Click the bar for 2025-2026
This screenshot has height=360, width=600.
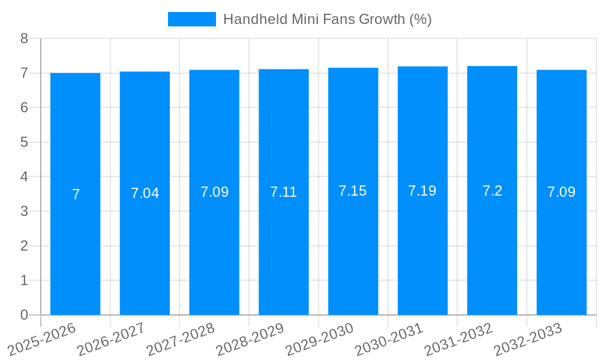75,252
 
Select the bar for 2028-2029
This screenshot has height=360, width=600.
284,252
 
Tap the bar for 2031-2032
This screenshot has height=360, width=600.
492,252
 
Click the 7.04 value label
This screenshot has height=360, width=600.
145,193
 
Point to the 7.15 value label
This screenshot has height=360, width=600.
353,191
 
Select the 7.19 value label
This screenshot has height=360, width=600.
422,191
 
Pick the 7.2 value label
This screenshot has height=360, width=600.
492,191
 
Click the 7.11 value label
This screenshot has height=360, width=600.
284,192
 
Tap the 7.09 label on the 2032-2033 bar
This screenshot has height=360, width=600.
562,192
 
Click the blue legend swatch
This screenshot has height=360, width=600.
191,19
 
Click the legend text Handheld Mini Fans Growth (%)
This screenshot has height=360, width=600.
328,19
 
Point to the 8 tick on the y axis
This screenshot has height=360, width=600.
24,38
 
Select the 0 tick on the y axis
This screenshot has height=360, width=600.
24,315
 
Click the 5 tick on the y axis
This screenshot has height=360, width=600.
24,142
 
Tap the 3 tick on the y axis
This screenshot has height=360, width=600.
24,211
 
